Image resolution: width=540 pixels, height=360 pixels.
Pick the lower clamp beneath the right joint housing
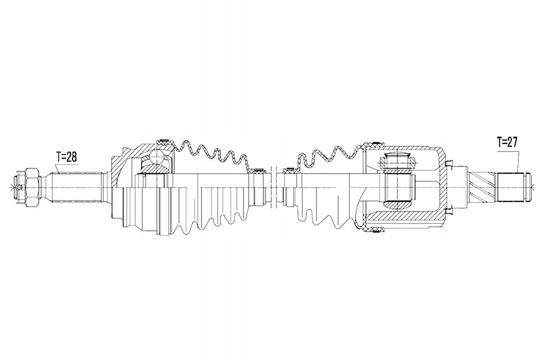point(373,227)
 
